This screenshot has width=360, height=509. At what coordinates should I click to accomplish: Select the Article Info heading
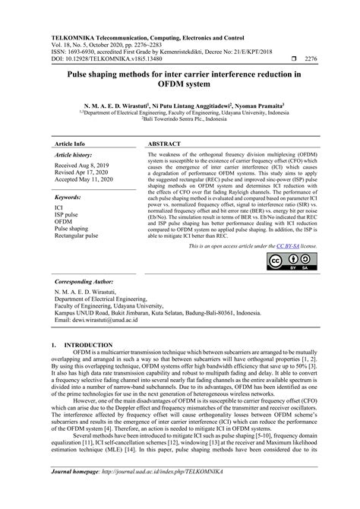(70, 143)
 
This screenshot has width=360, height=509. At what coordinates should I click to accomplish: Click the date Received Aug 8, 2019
(83, 166)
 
